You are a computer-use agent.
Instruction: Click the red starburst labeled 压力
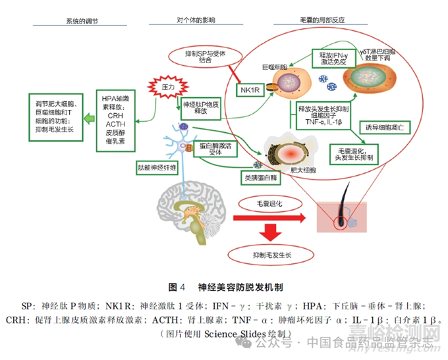(x=167, y=86)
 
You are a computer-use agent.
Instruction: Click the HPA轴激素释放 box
(x=118, y=118)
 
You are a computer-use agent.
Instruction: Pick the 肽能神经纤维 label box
(x=158, y=167)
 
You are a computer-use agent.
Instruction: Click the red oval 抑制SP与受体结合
(x=200, y=55)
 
